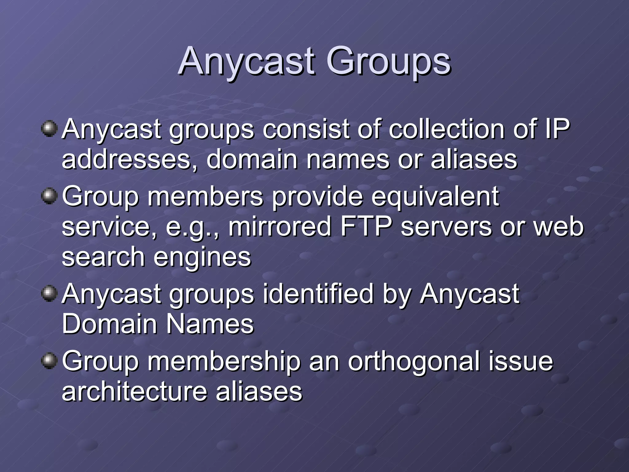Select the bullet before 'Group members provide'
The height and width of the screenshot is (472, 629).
(49, 196)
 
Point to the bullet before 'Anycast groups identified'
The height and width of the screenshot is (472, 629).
(49, 294)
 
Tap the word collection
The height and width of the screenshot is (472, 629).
(447, 129)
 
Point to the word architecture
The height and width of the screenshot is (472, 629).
(134, 391)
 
